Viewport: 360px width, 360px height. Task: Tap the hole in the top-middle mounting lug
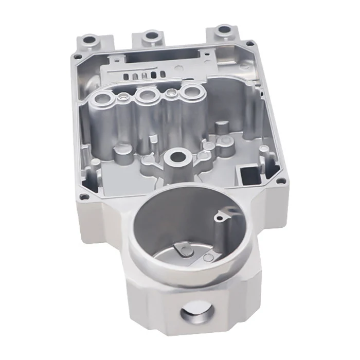coord(151,36)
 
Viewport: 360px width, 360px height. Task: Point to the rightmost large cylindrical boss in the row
coord(192,93)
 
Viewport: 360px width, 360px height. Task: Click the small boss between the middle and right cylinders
coord(170,93)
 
